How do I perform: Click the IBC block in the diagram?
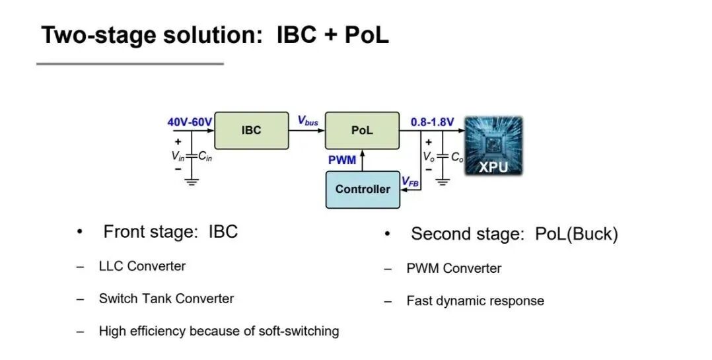pyautogui.click(x=251, y=130)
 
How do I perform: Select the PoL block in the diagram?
pyautogui.click(x=362, y=130)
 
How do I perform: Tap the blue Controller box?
pyautogui.click(x=363, y=190)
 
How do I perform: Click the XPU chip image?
pyautogui.click(x=493, y=146)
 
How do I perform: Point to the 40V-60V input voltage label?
pyautogui.click(x=190, y=122)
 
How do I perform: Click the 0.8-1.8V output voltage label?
pyautogui.click(x=432, y=122)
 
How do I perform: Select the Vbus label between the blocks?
pyautogui.click(x=307, y=121)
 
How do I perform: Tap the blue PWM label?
pyautogui.click(x=342, y=160)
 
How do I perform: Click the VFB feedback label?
pyautogui.click(x=410, y=182)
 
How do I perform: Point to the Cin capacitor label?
pyautogui.click(x=205, y=157)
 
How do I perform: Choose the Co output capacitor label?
pyautogui.click(x=457, y=157)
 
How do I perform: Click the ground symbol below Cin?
pyautogui.click(x=192, y=182)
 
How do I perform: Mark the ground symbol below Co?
pyautogui.click(x=443, y=182)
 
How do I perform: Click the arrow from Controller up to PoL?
pyautogui.click(x=363, y=161)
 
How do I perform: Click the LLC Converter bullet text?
pyautogui.click(x=142, y=266)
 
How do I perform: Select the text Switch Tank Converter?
pyautogui.click(x=166, y=299)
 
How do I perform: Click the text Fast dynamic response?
pyautogui.click(x=475, y=301)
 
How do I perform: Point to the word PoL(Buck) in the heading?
pyautogui.click(x=577, y=234)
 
